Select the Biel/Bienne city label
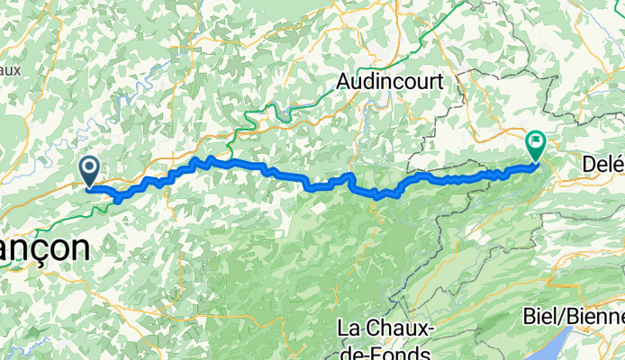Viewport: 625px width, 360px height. click(574, 318)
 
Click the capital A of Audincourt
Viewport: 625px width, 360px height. click(343, 81)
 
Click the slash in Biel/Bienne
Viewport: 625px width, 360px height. click(560, 318)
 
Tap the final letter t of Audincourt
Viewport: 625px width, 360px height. click(439, 81)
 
